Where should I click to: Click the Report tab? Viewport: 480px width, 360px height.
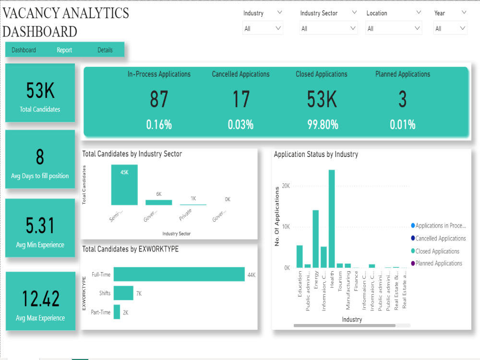click(64, 50)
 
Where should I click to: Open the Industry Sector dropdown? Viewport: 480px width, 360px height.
click(328, 29)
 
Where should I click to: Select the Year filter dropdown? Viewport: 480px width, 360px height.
click(450, 29)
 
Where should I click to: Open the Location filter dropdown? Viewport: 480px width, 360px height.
click(394, 29)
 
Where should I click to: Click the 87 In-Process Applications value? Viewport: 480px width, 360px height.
click(159, 99)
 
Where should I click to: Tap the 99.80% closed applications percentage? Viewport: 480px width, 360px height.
click(323, 125)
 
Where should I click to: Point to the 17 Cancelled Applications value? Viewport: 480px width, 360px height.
click(241, 99)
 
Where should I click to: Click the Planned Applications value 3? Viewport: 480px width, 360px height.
click(402, 99)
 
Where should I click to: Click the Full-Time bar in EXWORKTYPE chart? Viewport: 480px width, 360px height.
click(179, 274)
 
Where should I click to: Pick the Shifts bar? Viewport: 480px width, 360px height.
click(123, 293)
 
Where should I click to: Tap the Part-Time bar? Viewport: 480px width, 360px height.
click(117, 312)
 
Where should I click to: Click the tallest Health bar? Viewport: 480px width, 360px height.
click(332, 218)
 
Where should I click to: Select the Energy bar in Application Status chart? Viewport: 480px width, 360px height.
click(316, 239)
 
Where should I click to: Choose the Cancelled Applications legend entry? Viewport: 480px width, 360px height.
click(440, 239)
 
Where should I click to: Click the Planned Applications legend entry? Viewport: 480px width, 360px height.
click(438, 264)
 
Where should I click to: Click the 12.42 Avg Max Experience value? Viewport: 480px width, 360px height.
click(41, 299)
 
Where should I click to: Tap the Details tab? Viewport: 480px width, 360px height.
click(105, 50)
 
